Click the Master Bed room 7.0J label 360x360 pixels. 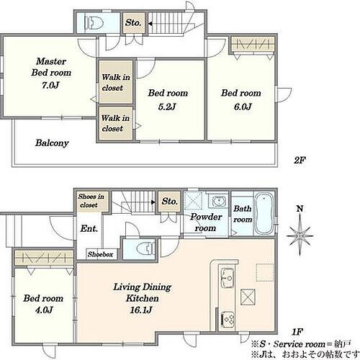[51, 73]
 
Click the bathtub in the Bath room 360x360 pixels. [264, 214]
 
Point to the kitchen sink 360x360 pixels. [227, 278]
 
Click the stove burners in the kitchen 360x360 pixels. [228, 319]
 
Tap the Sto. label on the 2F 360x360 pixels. [133, 23]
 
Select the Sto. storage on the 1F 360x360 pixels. [169, 202]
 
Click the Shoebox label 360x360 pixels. [100, 254]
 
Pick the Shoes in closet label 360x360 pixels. [91, 201]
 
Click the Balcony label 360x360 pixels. [52, 143]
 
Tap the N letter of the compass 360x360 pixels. [300, 209]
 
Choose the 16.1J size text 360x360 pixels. [141, 310]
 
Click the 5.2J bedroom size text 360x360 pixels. [167, 107]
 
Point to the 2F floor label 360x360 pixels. [300, 160]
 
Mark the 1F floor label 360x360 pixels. [297, 332]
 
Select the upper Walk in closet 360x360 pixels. [116, 82]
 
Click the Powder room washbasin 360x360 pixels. [219, 201]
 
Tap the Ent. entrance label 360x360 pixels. [89, 228]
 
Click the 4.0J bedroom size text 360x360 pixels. [44, 310]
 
